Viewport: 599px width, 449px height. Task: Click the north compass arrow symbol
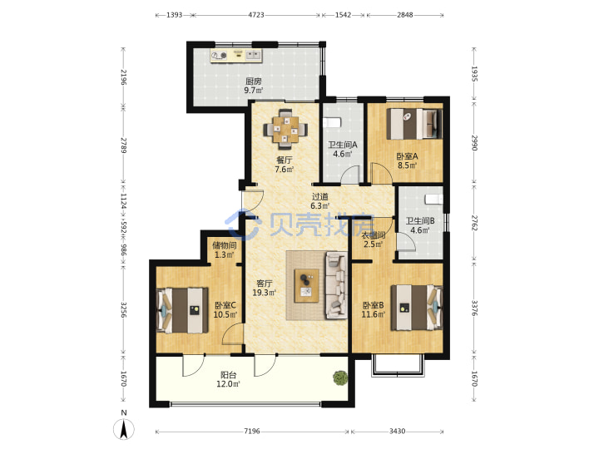pos(124,429)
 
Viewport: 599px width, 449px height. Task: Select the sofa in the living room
pos(336,285)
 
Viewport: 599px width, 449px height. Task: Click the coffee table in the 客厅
pos(306,285)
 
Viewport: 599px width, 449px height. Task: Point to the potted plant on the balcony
pos(340,377)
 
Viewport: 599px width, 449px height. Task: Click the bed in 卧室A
pos(414,124)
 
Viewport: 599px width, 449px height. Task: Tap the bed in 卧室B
pos(416,308)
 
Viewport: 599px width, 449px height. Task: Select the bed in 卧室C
pos(182,310)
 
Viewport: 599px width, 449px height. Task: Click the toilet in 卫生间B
pos(433,199)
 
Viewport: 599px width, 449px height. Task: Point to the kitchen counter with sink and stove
pos(236,56)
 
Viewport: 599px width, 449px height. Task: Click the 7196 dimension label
pos(252,431)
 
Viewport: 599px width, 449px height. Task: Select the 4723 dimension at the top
pos(256,15)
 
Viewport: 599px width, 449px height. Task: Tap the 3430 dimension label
pos(397,431)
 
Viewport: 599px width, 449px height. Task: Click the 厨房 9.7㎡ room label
pos(254,86)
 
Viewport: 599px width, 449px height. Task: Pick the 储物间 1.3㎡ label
pos(225,250)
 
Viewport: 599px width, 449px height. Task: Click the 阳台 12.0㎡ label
pos(228,379)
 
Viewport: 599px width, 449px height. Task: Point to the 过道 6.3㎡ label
pos(320,201)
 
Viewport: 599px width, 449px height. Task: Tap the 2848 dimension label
pos(405,15)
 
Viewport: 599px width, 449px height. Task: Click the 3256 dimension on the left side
pos(123,309)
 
